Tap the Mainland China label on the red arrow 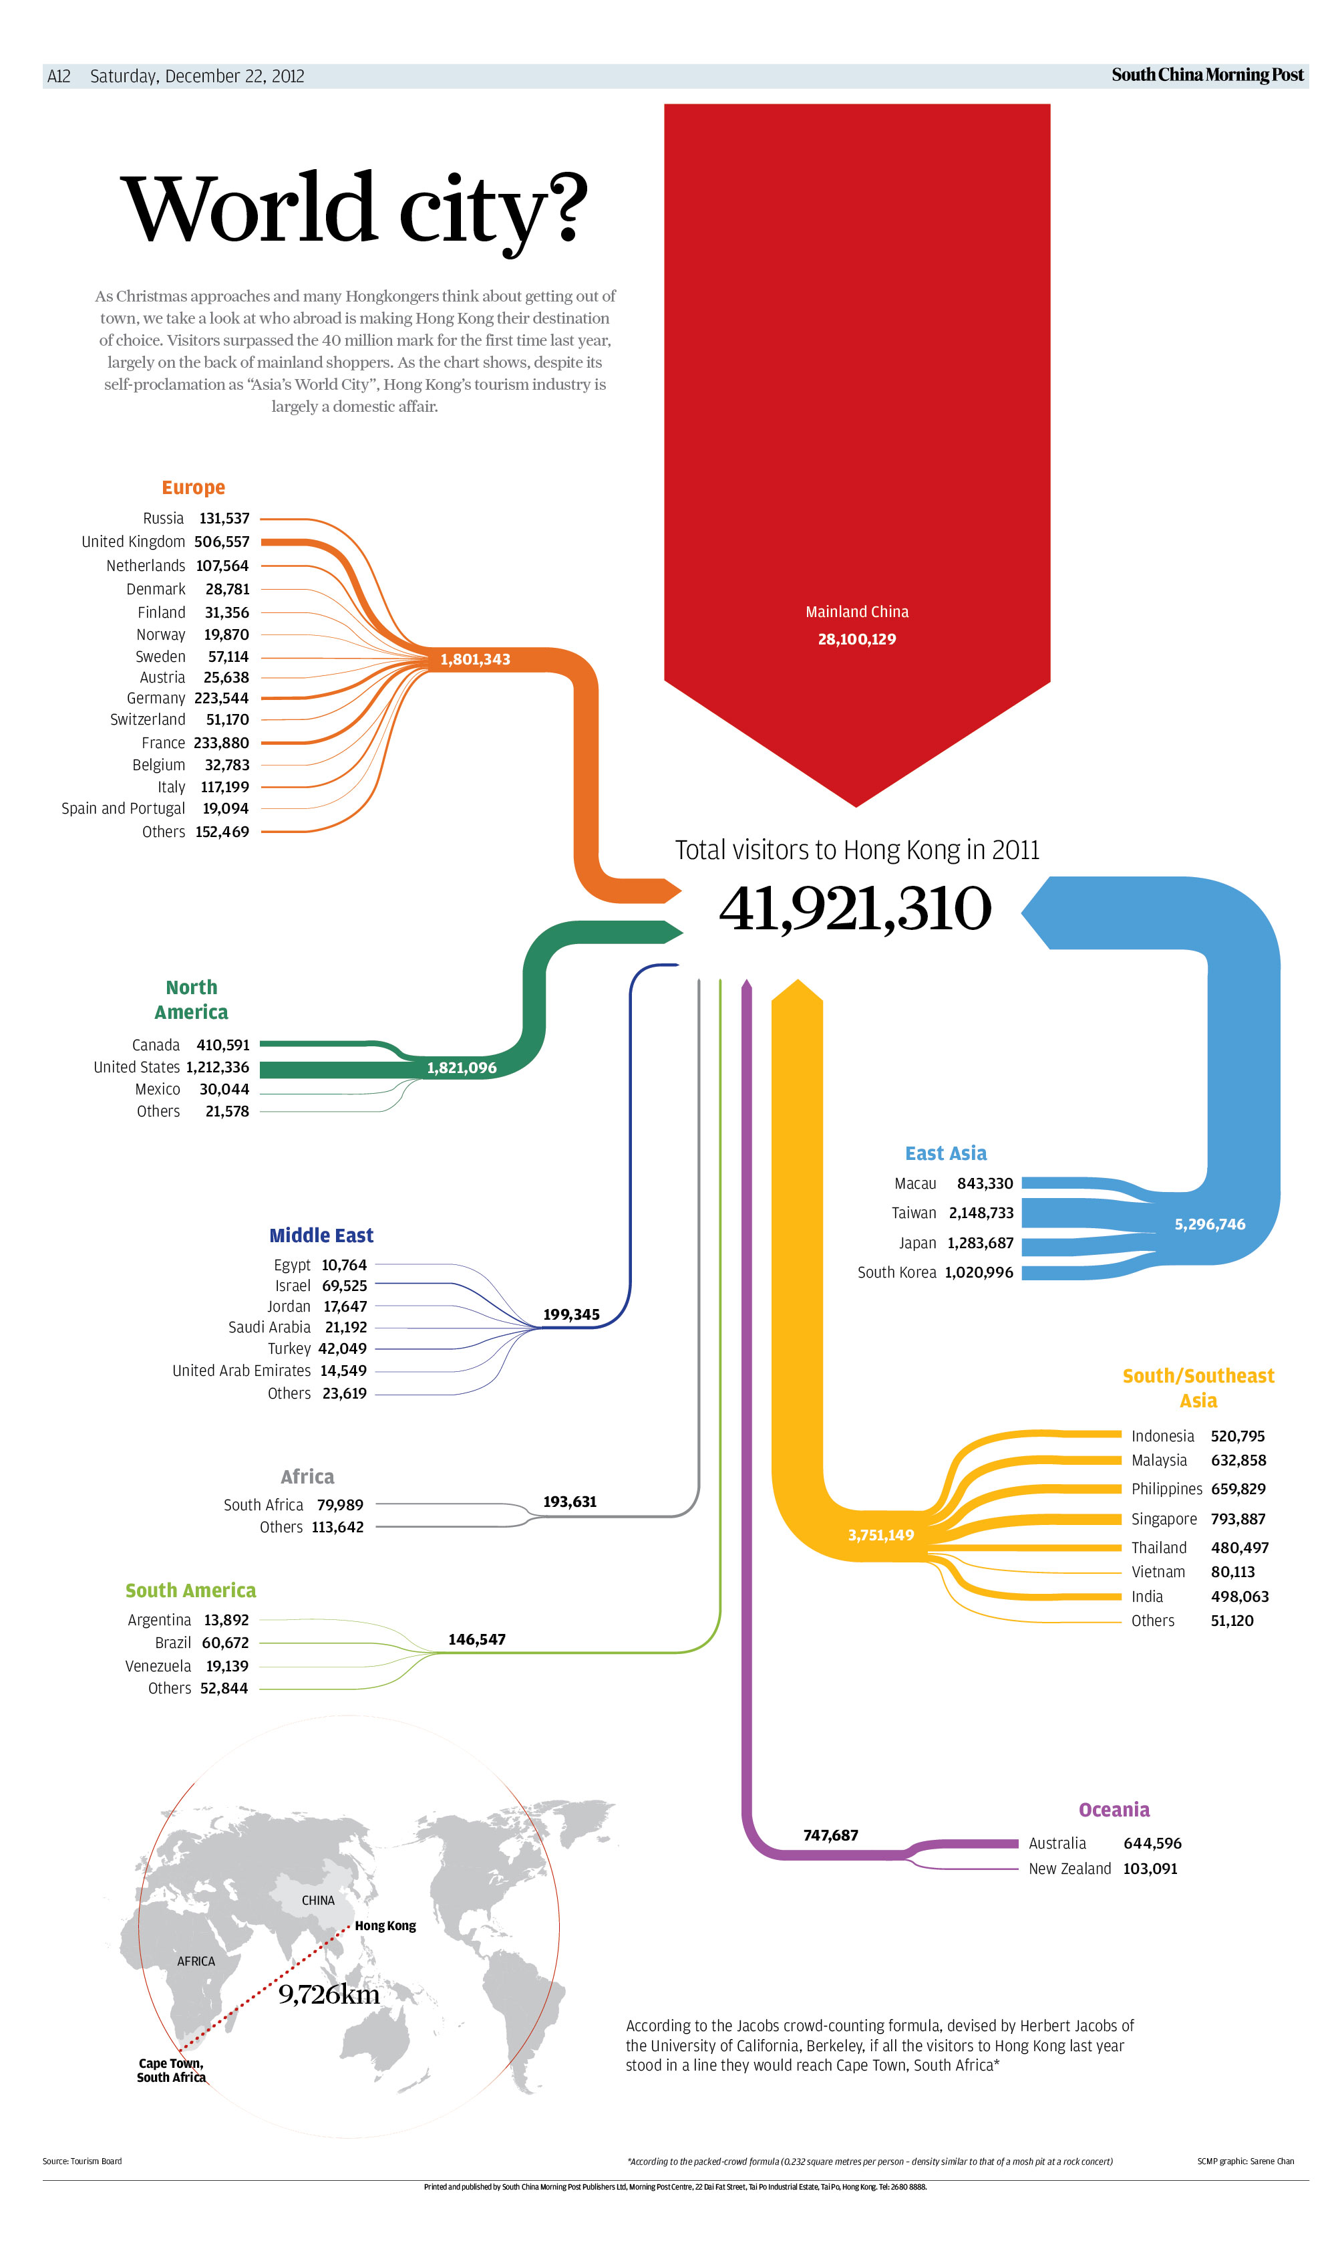[857, 612]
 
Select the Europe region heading [194, 487]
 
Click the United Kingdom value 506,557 [222, 542]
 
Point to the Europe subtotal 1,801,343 [476, 659]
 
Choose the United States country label [137, 1068]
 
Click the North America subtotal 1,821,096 [462, 1068]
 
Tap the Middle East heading [321, 1235]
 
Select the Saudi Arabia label [269, 1327]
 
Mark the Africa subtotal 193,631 [570, 1502]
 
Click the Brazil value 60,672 [225, 1643]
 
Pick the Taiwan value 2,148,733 [981, 1213]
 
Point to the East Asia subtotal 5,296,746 [1210, 1224]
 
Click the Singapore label [1164, 1520]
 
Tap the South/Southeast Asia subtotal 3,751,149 [880, 1535]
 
